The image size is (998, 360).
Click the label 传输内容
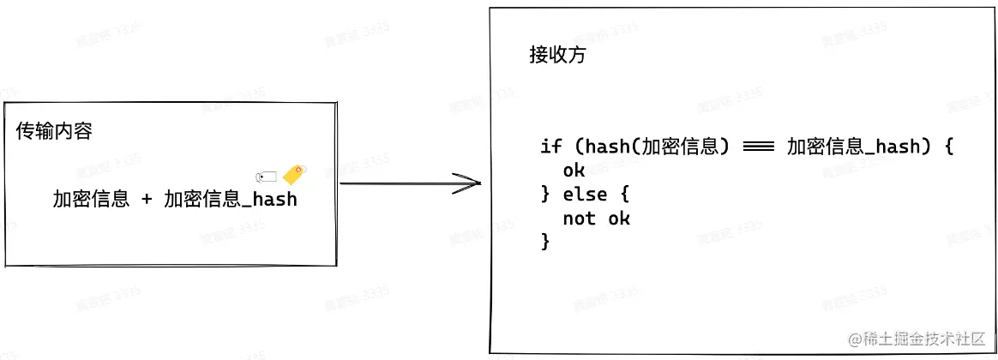[54, 132]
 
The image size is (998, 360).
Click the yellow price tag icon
[294, 174]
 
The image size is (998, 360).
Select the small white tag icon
[267, 177]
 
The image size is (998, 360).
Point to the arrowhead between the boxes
[467, 183]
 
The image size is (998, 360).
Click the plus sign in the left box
[147, 200]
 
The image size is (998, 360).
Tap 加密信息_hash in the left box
[230, 200]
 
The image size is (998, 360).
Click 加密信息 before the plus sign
[91, 200]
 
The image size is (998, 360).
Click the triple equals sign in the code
[758, 147]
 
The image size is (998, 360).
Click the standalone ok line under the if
[574, 171]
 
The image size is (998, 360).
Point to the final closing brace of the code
[545, 243]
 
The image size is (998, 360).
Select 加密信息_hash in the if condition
[853, 147]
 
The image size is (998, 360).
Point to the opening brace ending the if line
[948, 147]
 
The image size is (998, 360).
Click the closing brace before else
[545, 195]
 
